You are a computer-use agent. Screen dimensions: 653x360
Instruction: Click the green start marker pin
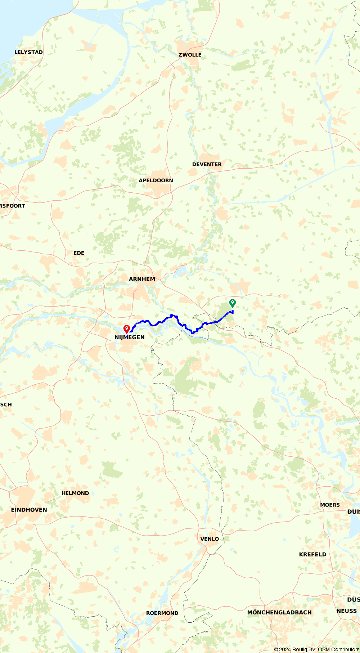[x=233, y=303]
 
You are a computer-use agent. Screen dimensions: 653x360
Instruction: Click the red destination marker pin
[x=126, y=328]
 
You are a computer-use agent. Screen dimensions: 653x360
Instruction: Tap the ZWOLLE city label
[x=190, y=55]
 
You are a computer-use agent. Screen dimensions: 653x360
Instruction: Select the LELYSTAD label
[x=28, y=52]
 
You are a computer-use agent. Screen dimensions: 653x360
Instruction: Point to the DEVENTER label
[x=207, y=164]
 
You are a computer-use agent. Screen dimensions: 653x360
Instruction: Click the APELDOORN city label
[x=156, y=180]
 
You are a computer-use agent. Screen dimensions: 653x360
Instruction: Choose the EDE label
[x=79, y=253]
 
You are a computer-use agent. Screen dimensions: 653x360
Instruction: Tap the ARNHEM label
[x=142, y=279]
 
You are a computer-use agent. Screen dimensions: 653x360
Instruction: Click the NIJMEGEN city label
[x=130, y=337]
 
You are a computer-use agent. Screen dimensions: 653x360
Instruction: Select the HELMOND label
[x=75, y=493]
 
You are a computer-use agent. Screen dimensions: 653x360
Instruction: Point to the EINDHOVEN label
[x=29, y=510]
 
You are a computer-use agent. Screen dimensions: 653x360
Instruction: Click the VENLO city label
[x=210, y=539]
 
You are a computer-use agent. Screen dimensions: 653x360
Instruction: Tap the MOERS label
[x=330, y=505]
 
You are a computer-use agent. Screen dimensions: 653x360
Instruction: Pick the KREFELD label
[x=312, y=554]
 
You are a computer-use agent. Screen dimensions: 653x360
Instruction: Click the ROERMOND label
[x=162, y=613]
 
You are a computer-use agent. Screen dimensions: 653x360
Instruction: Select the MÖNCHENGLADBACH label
[x=279, y=612]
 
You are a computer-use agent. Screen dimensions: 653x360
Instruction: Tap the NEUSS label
[x=346, y=611]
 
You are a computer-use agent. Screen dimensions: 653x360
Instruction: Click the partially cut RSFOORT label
[x=12, y=206]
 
